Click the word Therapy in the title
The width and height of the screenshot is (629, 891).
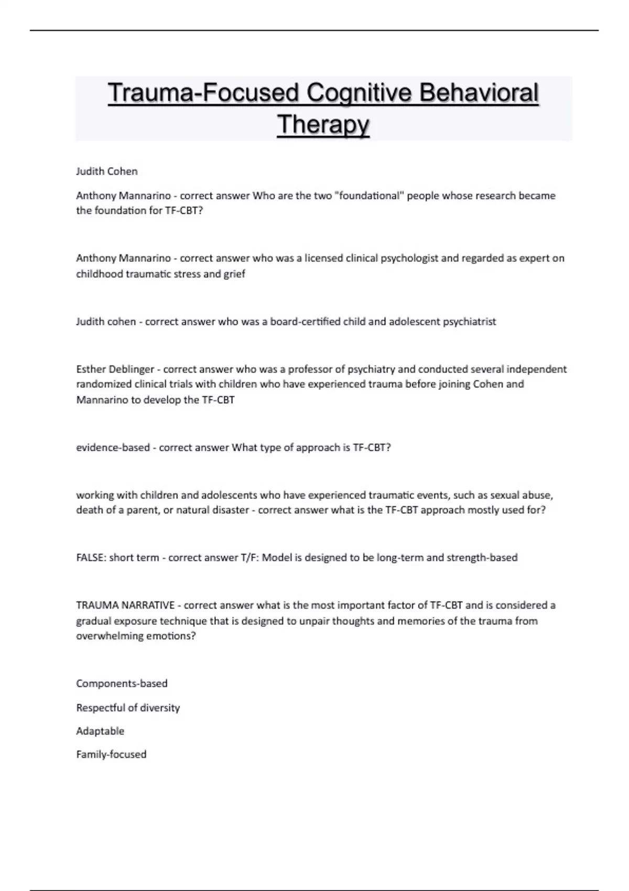(323, 125)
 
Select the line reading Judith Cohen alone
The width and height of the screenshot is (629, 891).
(107, 171)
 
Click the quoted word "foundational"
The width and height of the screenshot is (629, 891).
(369, 195)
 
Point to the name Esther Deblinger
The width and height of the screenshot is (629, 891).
(115, 369)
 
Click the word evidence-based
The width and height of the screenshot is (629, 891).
(113, 448)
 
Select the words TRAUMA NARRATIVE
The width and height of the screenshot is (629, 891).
(125, 605)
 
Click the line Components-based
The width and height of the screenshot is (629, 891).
(122, 683)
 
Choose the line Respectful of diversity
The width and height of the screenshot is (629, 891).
(128, 708)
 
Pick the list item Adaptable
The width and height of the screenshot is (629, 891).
(100, 731)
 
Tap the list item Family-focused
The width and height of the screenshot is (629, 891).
(111, 754)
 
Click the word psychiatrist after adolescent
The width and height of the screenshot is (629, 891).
(469, 321)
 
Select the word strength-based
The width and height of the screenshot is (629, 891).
(482, 558)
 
